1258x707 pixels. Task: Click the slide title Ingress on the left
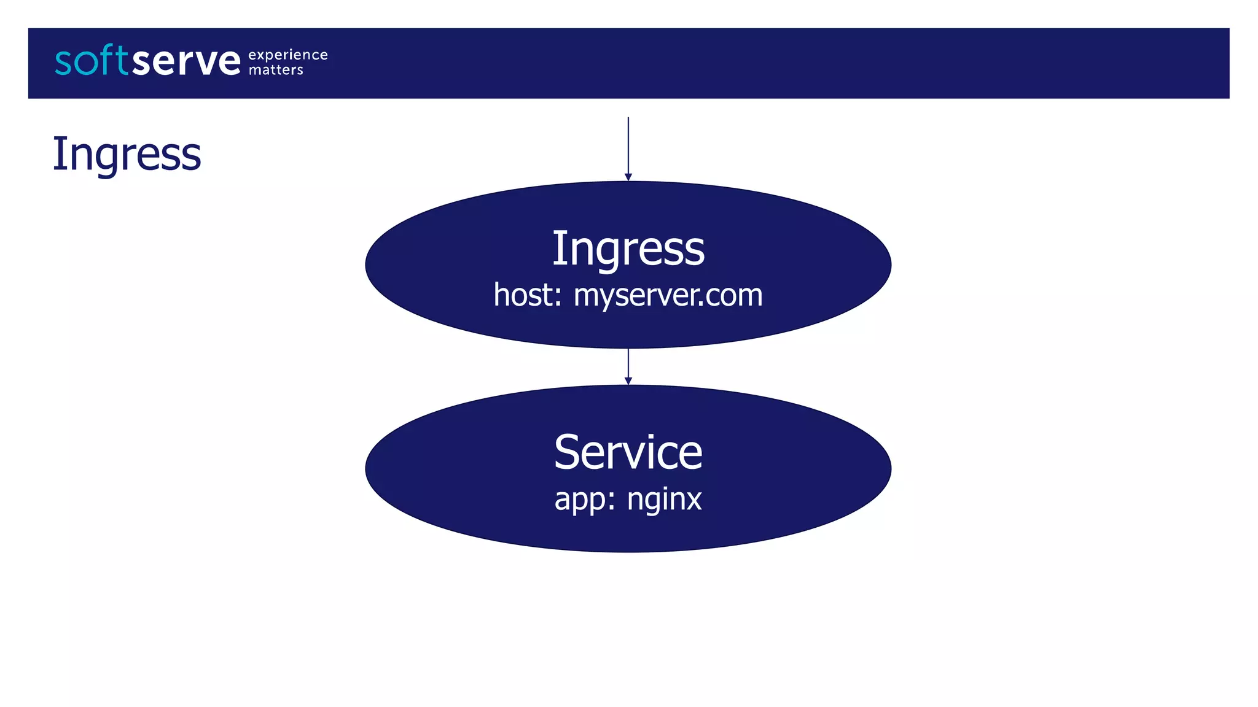(x=127, y=154)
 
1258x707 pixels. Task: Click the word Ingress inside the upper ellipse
(x=628, y=249)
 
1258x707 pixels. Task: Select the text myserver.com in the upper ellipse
(x=668, y=295)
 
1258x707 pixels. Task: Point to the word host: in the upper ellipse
(x=528, y=295)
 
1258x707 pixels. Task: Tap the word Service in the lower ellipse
(x=628, y=452)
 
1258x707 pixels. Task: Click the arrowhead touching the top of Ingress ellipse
(x=628, y=177)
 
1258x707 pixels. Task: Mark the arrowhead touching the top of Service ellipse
(x=628, y=381)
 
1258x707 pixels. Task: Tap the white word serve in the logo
(x=186, y=61)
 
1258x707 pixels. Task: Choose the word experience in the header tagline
(x=287, y=55)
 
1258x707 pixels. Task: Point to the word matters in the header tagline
(x=276, y=70)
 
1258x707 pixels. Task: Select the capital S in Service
(x=568, y=452)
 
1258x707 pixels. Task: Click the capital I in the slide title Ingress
(x=58, y=153)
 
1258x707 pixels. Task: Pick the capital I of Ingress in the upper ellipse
(x=557, y=248)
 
